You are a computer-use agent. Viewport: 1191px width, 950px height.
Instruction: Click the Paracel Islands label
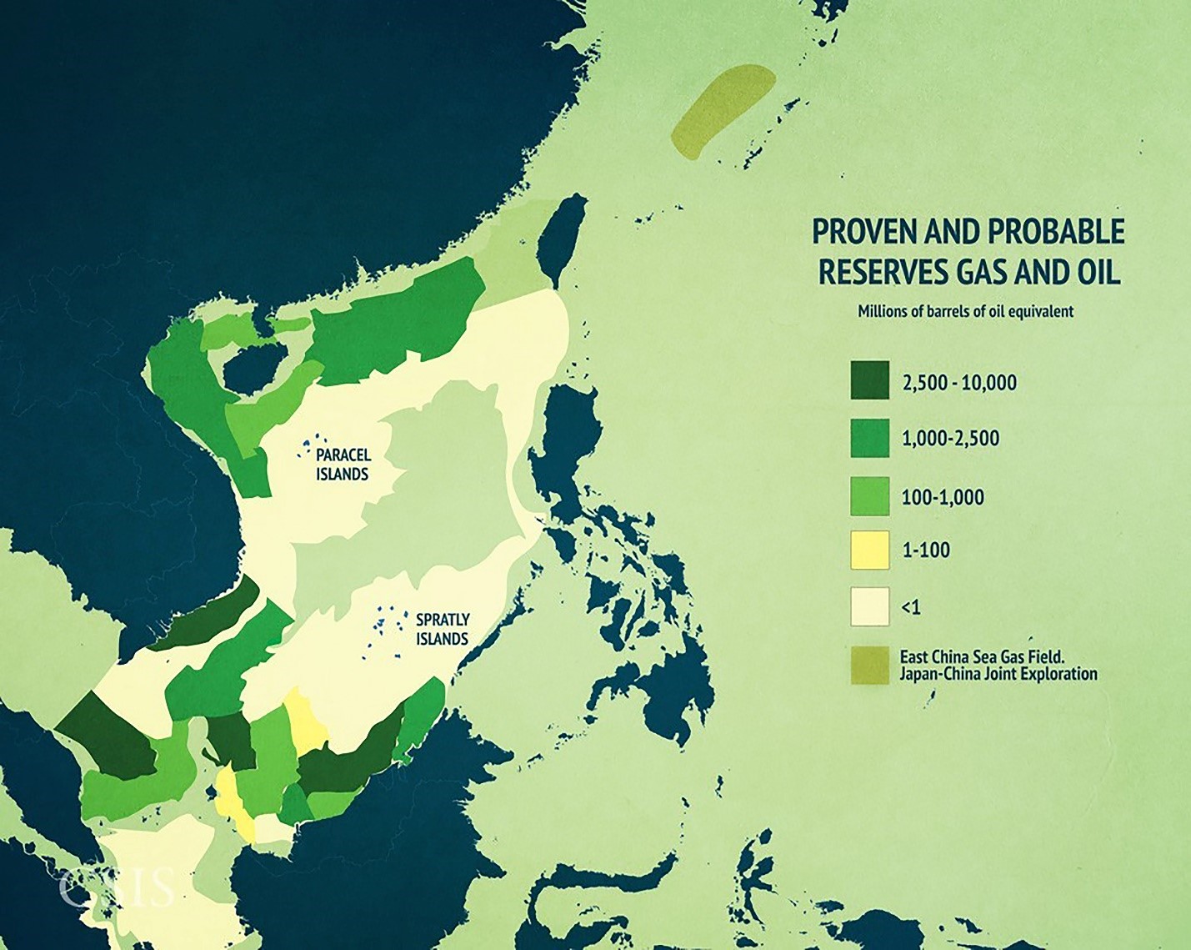point(343,465)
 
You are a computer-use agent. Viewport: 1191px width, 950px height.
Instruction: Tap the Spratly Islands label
point(443,629)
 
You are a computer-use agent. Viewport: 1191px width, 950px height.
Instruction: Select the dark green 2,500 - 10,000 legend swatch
point(869,381)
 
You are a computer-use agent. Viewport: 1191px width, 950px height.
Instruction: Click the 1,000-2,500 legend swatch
point(869,438)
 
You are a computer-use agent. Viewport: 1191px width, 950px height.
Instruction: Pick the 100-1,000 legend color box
point(869,495)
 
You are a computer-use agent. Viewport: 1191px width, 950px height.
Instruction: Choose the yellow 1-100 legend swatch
point(869,550)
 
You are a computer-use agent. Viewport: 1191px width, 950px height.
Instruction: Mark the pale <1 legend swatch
point(869,606)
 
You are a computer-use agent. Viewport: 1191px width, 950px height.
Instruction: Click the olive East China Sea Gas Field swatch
point(869,665)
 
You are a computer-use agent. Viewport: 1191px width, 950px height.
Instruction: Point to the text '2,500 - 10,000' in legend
point(959,383)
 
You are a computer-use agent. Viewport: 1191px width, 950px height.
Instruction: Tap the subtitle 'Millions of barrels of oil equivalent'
point(966,311)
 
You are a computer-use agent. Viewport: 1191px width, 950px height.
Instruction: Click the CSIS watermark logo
point(117,887)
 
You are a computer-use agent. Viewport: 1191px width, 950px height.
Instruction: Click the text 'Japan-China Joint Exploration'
point(998,674)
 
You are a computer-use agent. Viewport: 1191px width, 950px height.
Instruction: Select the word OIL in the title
point(1092,273)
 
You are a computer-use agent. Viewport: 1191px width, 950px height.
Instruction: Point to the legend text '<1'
point(911,608)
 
